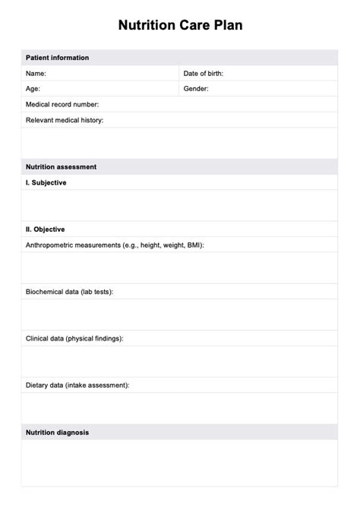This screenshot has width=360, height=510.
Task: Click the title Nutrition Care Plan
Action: pyautogui.click(x=180, y=25)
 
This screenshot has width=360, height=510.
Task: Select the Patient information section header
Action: pyautogui.click(x=57, y=58)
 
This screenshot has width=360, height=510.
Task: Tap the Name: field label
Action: pyautogui.click(x=36, y=74)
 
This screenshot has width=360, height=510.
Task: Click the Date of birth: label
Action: pyautogui.click(x=203, y=74)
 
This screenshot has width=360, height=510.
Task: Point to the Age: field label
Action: pyautogui.click(x=33, y=89)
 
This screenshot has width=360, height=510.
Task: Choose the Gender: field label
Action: pyautogui.click(x=196, y=89)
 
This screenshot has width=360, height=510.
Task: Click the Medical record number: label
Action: pyautogui.click(x=62, y=104)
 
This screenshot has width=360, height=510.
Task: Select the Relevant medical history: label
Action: pyautogui.click(x=65, y=120)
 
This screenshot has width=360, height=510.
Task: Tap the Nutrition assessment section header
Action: pyautogui.click(x=61, y=166)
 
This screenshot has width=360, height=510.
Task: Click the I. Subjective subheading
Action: pyautogui.click(x=46, y=182)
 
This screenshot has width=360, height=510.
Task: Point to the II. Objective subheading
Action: pyautogui.click(x=46, y=229)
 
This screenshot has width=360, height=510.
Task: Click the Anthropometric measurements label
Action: pyautogui.click(x=114, y=245)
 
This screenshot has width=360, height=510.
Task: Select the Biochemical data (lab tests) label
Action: pyautogui.click(x=69, y=292)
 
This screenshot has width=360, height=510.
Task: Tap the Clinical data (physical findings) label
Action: pyautogui.click(x=74, y=338)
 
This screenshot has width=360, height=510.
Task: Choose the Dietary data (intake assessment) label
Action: pyautogui.click(x=77, y=385)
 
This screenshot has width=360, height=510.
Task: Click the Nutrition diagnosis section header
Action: pyautogui.click(x=57, y=432)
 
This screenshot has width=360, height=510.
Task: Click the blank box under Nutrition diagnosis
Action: pyautogui.click(x=179, y=463)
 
